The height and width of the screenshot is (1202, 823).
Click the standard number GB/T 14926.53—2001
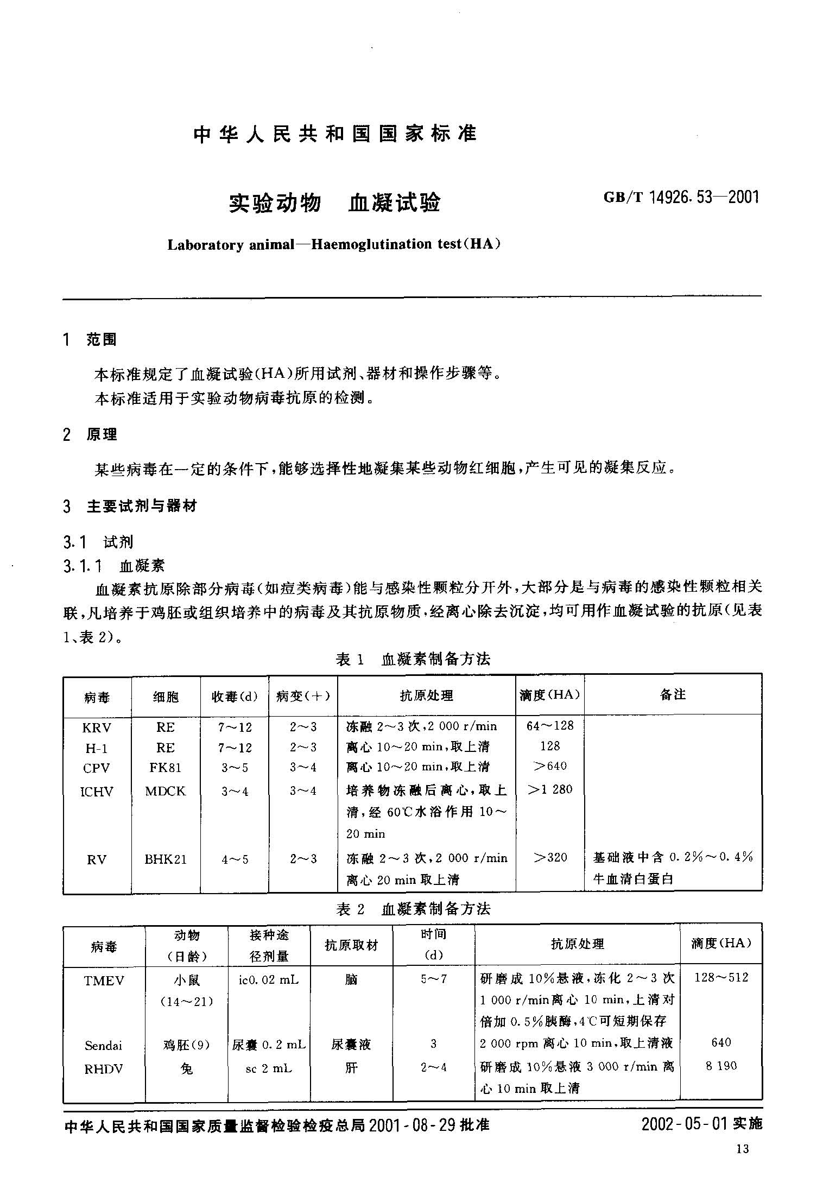tap(681, 198)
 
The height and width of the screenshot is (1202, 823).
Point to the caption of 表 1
tap(413, 659)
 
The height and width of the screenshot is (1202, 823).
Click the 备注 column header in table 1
tap(673, 695)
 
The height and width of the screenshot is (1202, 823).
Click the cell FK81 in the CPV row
tap(166, 768)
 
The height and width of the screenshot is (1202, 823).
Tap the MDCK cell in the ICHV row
tap(166, 791)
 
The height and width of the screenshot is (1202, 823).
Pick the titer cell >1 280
tap(550, 789)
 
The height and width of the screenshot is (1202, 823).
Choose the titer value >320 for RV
tap(550, 858)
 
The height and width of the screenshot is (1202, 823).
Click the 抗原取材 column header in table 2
tap(351, 945)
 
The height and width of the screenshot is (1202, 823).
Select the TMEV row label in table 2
tap(104, 980)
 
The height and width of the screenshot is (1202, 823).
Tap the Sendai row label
tap(103, 1045)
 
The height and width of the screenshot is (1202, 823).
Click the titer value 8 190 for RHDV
tap(721, 1066)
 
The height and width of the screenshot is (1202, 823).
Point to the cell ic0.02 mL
tap(269, 980)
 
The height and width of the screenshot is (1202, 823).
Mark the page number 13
tap(743, 1149)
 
